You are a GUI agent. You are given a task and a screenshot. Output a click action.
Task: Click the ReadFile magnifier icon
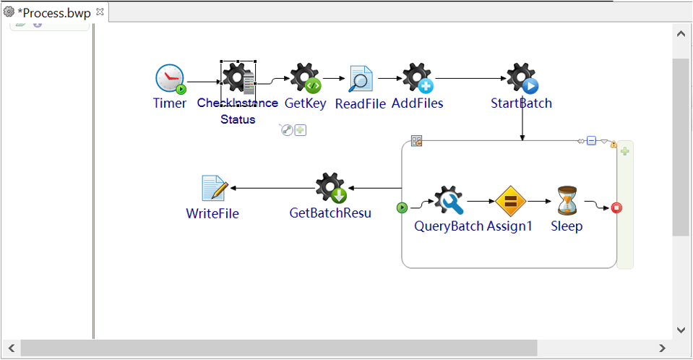click(x=361, y=79)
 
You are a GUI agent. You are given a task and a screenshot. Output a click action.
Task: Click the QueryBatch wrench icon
click(x=449, y=201)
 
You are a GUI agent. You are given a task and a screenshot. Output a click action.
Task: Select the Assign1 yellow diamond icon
click(x=509, y=201)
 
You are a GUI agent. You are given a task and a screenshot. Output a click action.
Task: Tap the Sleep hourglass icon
click(x=567, y=201)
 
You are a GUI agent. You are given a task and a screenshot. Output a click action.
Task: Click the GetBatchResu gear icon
click(x=331, y=188)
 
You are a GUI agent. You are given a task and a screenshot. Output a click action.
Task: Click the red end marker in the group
click(x=616, y=208)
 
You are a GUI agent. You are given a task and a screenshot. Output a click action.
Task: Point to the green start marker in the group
click(x=403, y=208)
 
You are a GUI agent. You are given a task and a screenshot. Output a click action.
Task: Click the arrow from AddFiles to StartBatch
click(x=470, y=78)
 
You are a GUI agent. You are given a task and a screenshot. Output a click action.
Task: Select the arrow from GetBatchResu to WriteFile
click(x=272, y=188)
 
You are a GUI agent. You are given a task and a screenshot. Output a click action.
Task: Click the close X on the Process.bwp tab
click(x=100, y=12)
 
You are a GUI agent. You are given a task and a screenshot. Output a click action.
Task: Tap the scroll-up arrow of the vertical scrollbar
click(x=680, y=33)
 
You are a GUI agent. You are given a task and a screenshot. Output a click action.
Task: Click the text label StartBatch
click(x=521, y=103)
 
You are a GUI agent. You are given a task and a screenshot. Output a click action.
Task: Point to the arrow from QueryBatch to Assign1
click(x=480, y=201)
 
